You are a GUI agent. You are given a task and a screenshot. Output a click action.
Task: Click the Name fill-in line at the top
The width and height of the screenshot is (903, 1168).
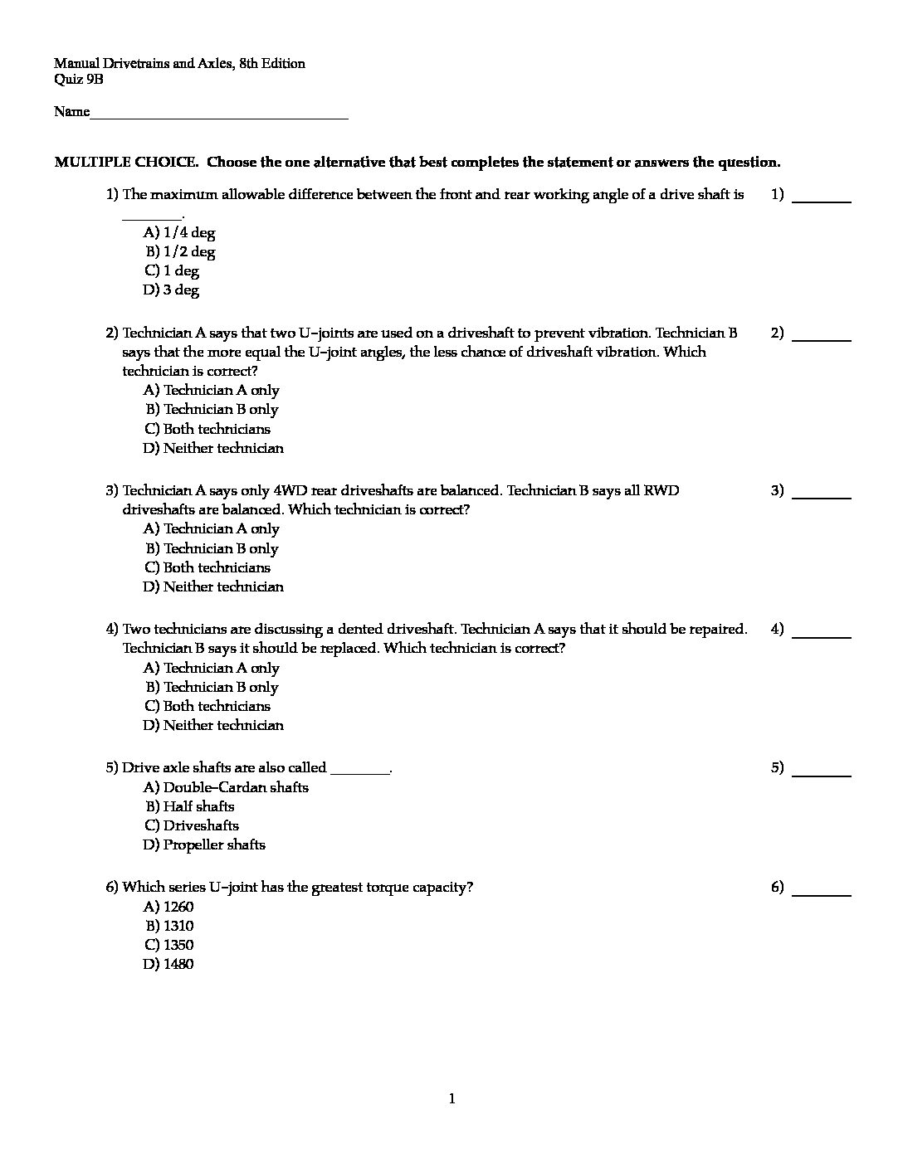click(219, 114)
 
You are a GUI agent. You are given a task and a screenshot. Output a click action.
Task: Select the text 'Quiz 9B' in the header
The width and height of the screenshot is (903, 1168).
click(79, 80)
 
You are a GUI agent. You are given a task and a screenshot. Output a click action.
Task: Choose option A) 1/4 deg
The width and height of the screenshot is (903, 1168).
click(179, 233)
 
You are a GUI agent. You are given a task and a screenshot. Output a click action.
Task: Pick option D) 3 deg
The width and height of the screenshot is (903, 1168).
click(171, 290)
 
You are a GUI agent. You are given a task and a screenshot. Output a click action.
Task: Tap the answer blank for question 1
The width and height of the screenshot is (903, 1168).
click(822, 197)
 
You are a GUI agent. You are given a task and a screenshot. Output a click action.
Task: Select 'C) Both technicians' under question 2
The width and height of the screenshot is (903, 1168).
click(207, 429)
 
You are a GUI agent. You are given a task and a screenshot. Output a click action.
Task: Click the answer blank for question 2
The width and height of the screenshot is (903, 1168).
click(822, 336)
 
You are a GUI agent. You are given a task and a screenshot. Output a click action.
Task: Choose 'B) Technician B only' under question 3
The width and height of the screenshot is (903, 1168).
click(212, 548)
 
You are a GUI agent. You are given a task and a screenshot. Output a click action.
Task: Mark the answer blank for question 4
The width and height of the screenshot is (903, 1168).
click(822, 632)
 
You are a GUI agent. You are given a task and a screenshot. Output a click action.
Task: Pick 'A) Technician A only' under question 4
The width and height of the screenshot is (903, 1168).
click(212, 668)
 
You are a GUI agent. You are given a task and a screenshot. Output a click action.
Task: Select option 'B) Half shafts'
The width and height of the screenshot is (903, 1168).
click(190, 806)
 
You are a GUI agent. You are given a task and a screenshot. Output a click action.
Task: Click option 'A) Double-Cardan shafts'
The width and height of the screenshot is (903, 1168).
click(226, 787)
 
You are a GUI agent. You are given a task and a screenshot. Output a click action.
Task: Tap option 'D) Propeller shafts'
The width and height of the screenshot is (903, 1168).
click(204, 845)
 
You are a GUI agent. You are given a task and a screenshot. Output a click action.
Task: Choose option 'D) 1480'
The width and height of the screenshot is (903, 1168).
click(168, 964)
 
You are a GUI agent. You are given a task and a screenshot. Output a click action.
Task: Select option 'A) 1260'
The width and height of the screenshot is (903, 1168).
click(168, 907)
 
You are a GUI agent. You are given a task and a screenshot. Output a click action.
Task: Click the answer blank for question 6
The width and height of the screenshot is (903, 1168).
click(822, 890)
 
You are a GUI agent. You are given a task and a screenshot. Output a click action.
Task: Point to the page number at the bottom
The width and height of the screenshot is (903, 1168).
click(451, 1100)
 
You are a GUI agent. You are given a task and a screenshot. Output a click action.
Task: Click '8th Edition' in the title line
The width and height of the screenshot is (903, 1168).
click(271, 64)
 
